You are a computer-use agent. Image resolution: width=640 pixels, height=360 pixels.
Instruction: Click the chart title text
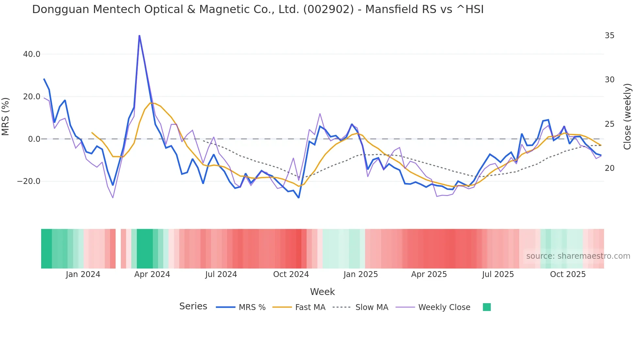point(258,9)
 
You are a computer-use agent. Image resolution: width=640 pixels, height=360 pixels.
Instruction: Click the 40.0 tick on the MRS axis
point(32,54)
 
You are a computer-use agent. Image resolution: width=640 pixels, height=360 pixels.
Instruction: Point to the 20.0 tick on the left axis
point(32,97)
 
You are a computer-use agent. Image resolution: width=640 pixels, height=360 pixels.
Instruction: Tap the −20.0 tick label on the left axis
point(29,181)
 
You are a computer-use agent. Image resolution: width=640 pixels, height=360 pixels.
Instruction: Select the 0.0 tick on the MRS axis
point(34,139)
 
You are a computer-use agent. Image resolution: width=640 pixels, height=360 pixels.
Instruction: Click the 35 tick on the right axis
point(609,36)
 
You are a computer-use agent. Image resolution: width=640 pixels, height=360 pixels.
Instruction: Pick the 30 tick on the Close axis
point(609,80)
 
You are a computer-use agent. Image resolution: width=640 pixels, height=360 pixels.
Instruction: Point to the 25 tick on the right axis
point(609,124)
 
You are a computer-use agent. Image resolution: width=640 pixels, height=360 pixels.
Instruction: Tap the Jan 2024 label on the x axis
point(83,274)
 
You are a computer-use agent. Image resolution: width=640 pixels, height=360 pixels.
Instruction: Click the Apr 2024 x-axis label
point(152,274)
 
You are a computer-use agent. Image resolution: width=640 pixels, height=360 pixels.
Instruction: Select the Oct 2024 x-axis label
point(291,274)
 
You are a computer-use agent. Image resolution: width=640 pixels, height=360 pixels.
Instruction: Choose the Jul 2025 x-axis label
point(498,274)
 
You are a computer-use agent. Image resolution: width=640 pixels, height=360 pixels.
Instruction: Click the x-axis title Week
point(322,292)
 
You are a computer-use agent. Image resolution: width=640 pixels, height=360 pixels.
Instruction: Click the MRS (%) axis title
point(6,117)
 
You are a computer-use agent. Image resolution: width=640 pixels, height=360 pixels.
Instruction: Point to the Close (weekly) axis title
point(627,117)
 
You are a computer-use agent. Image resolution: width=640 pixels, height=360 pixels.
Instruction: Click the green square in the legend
point(487,307)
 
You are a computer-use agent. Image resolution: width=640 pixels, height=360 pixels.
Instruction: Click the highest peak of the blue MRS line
point(139,36)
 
